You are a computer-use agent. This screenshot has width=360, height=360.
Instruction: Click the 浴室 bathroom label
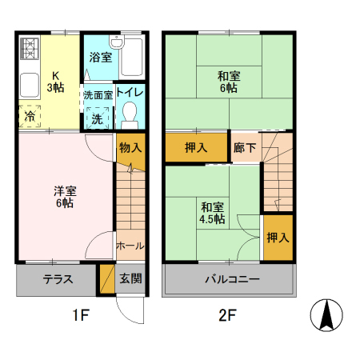pyautogui.click(x=100, y=58)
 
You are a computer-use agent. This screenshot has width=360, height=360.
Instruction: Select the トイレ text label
pyautogui.click(x=130, y=92)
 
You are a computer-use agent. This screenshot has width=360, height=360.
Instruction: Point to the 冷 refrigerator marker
pyautogui.click(x=30, y=115)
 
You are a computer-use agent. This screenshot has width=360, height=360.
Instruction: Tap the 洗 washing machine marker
pyautogui.click(x=97, y=118)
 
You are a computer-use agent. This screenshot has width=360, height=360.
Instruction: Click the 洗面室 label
pyautogui.click(x=97, y=94)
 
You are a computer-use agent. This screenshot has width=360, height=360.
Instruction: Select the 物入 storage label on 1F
pyautogui.click(x=130, y=147)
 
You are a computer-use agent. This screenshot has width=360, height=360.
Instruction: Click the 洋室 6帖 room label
pyautogui.click(x=65, y=197)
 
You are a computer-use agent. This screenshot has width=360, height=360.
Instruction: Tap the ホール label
pyautogui.click(x=130, y=244)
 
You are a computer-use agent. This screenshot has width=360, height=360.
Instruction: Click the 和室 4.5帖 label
pyautogui.click(x=212, y=212)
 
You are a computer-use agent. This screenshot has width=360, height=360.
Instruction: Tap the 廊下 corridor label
pyautogui.click(x=244, y=147)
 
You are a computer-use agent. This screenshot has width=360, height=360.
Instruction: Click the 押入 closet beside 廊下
pyautogui.click(x=196, y=147)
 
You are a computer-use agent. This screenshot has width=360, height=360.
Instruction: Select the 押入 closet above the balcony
pyautogui.click(x=278, y=238)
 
